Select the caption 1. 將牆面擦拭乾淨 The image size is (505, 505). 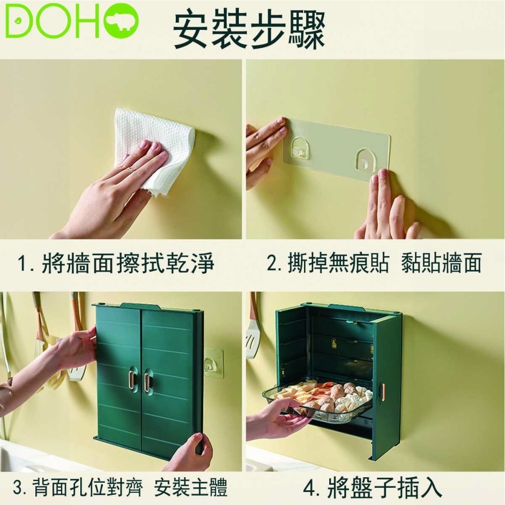116,264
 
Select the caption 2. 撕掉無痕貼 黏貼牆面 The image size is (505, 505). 374,263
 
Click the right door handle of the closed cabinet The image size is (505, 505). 147,382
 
